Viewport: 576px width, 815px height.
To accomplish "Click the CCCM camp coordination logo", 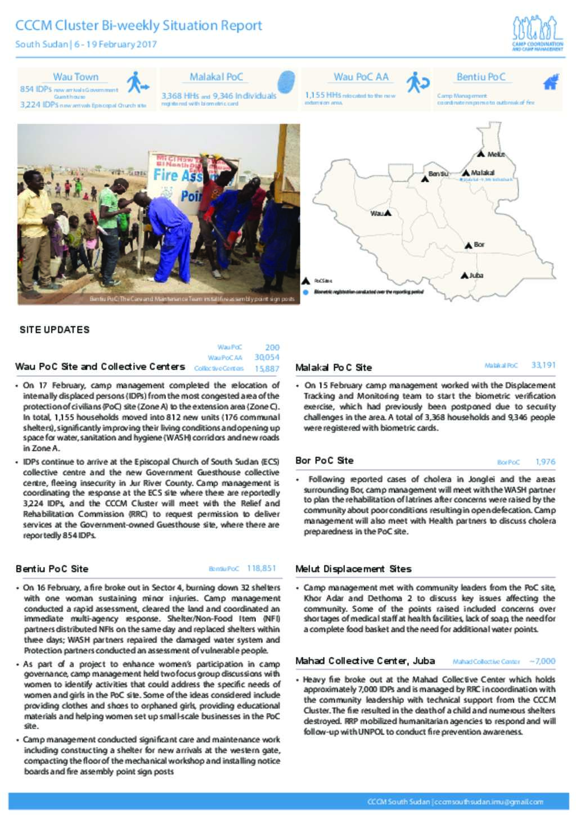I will (x=537, y=33).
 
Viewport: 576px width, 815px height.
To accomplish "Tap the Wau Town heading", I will (x=75, y=77).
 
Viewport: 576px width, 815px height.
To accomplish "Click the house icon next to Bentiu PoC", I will (x=550, y=82).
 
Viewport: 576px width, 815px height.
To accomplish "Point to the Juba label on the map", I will (x=476, y=275).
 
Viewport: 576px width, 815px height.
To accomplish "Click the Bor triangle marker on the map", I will (x=468, y=245).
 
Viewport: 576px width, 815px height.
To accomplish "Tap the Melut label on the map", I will (x=496, y=154).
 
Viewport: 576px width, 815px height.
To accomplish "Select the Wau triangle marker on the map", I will (x=388, y=213).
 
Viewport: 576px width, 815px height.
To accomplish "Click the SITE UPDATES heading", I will (x=55, y=330).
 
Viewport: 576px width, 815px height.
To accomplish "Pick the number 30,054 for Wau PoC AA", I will (x=267, y=357).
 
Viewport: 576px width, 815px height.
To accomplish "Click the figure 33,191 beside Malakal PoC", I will (x=543, y=365).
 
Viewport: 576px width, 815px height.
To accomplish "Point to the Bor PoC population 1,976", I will (x=545, y=462).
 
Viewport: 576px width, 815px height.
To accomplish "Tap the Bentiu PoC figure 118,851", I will (x=262, y=568).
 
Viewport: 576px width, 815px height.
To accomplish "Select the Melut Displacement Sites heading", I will (x=353, y=569).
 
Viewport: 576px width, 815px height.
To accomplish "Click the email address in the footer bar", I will (x=489, y=802).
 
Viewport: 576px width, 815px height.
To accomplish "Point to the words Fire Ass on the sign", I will (x=177, y=175).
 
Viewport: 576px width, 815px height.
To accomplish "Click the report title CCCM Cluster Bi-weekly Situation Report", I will (x=138, y=25).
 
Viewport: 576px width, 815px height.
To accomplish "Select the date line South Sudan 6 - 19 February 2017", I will (x=85, y=44).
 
